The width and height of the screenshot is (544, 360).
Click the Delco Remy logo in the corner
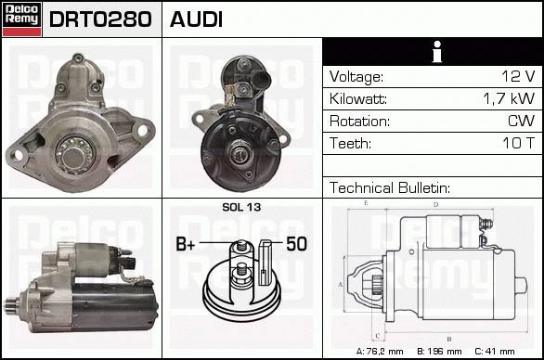[x=22, y=19]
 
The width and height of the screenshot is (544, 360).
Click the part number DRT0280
[x=100, y=19]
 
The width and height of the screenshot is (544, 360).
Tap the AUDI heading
[x=196, y=19]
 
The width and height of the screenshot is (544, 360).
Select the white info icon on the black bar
[x=437, y=52]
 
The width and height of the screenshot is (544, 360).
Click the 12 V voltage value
[x=518, y=76]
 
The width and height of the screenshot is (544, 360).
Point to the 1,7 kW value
[x=509, y=99]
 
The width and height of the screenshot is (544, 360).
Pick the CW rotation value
[x=521, y=121]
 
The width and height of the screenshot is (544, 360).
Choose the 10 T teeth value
[x=519, y=143]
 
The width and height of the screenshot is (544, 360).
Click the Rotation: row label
[x=359, y=121]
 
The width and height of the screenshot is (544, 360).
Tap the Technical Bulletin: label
[x=390, y=188]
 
